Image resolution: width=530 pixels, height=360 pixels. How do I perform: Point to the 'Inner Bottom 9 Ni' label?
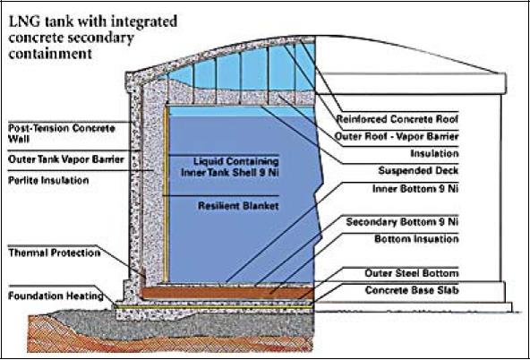[x=414, y=190]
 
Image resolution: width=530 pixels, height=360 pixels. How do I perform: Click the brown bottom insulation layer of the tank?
[x=224, y=293]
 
